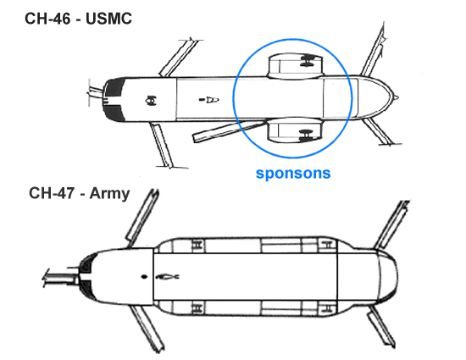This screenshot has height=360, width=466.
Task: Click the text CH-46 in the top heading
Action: [47, 19]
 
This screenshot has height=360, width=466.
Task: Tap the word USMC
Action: [108, 19]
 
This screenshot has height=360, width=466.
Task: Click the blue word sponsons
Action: [293, 173]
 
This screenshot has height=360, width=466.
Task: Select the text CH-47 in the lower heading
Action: [52, 193]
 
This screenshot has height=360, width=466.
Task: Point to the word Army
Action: [109, 194]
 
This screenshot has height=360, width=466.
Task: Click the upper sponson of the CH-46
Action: [295, 66]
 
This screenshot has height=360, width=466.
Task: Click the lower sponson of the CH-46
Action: [295, 130]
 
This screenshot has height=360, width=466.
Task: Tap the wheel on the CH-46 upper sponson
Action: [308, 60]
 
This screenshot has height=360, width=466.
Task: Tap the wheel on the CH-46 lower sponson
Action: [306, 136]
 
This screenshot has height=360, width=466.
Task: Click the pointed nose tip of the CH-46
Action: [397, 97]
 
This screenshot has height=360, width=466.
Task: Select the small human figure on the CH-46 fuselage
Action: [209, 99]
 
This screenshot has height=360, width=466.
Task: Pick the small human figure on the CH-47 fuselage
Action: [167, 277]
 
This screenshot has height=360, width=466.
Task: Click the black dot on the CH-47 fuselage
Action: [144, 277]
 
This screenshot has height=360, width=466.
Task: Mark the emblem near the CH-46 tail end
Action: [151, 101]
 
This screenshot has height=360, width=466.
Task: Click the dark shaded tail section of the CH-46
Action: [114, 99]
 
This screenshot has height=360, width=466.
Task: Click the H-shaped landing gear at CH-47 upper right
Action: [326, 246]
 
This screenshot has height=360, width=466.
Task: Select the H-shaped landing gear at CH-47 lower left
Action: [197, 307]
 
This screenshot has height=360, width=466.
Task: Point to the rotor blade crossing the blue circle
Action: [230, 130]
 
